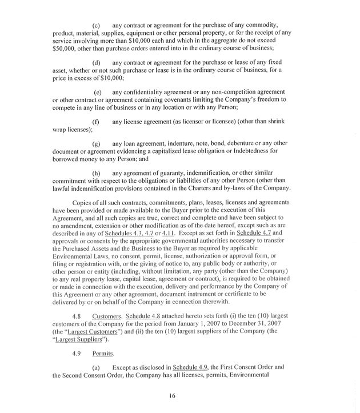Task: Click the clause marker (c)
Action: coord(96,26)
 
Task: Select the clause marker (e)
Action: coord(98,93)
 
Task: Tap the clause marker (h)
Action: coord(96,173)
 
